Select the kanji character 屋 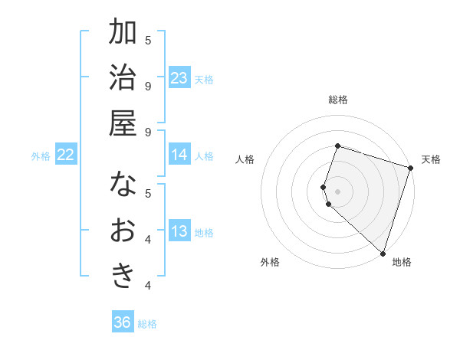(123, 122)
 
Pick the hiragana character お (123, 230)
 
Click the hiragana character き (123, 275)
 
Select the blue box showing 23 (179, 77)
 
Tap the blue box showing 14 (179, 155)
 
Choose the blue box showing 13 (179, 231)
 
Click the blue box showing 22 (66, 155)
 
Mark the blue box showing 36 (123, 322)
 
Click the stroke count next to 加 (148, 40)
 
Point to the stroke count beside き (148, 286)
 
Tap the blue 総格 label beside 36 (147, 324)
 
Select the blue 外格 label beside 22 (41, 156)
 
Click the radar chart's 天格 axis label (431, 159)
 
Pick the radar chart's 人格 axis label (245, 159)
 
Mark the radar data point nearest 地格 (383, 252)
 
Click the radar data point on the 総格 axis (337, 146)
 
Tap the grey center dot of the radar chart (337, 191)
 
